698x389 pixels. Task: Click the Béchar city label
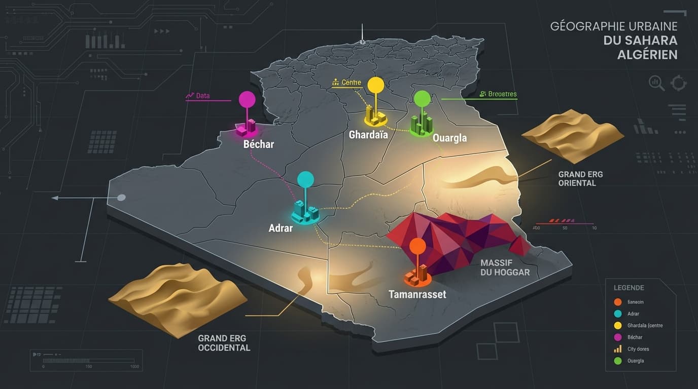pos(259,144)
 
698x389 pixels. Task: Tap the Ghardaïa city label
pos(368,135)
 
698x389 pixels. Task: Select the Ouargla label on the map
pos(449,138)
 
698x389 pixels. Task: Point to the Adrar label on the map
pos(281,228)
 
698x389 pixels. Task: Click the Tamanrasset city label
pos(417,294)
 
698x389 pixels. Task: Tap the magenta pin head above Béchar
pos(247,99)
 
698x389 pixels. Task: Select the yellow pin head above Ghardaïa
pos(376,85)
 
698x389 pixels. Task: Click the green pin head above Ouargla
pos(422,99)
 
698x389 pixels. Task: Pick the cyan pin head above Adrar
pos(305,179)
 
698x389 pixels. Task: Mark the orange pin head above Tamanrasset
pos(417,246)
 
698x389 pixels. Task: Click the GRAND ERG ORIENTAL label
pos(580,178)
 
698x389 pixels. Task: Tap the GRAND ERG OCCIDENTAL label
pos(224,343)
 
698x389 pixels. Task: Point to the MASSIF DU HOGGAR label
pos(505,267)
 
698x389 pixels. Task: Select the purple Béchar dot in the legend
pos(617,337)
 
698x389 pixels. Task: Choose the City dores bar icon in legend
pos(617,349)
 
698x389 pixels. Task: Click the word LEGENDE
pos(629,288)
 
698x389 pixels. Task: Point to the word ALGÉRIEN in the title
pos(647,55)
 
